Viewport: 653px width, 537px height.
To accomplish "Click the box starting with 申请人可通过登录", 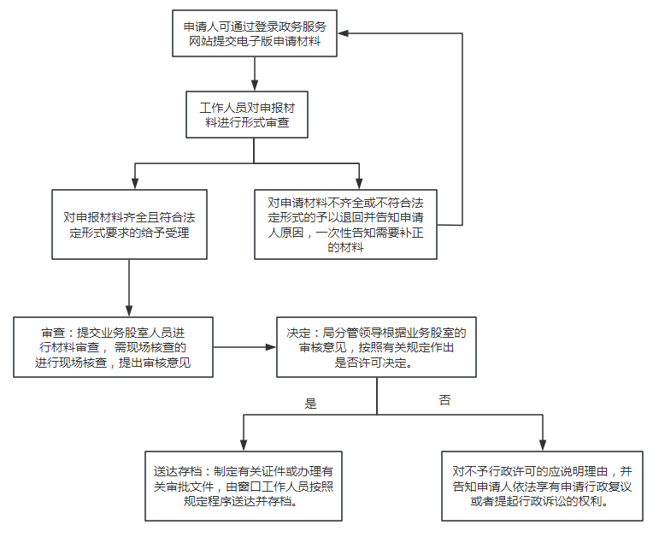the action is coord(255,33).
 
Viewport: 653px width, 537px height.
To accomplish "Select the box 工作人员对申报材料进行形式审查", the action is coord(247,115).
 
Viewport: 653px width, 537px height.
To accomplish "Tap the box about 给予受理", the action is coord(129,225).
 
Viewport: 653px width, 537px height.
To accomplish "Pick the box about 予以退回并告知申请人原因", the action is coord(345,225).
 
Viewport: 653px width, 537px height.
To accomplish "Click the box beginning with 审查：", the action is coord(114,347).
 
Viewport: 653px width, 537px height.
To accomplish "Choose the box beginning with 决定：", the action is coord(376,347).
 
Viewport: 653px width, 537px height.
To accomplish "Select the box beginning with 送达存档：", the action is coord(244,486).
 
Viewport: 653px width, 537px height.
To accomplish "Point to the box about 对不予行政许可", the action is coord(542,486).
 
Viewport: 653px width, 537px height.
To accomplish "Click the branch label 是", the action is coord(310,404).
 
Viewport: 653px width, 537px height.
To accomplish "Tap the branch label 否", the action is coord(444,400).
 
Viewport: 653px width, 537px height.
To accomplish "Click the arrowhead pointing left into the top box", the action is coord(343,33).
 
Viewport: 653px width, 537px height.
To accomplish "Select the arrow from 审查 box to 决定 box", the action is coord(244,347).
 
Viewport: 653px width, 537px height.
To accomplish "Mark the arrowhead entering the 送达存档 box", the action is coord(244,446).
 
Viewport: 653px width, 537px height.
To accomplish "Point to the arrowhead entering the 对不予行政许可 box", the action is coord(543,446).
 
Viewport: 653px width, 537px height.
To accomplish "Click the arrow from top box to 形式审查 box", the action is coord(255,74).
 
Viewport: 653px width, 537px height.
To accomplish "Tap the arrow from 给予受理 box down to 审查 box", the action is coord(129,288).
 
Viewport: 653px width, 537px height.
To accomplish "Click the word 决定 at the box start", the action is coord(298,333).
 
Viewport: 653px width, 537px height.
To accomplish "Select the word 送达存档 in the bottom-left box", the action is coord(178,471).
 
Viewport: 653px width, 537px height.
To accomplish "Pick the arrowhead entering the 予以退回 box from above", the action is coord(359,184).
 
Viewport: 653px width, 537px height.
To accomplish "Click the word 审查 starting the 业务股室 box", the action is coord(53,333).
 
